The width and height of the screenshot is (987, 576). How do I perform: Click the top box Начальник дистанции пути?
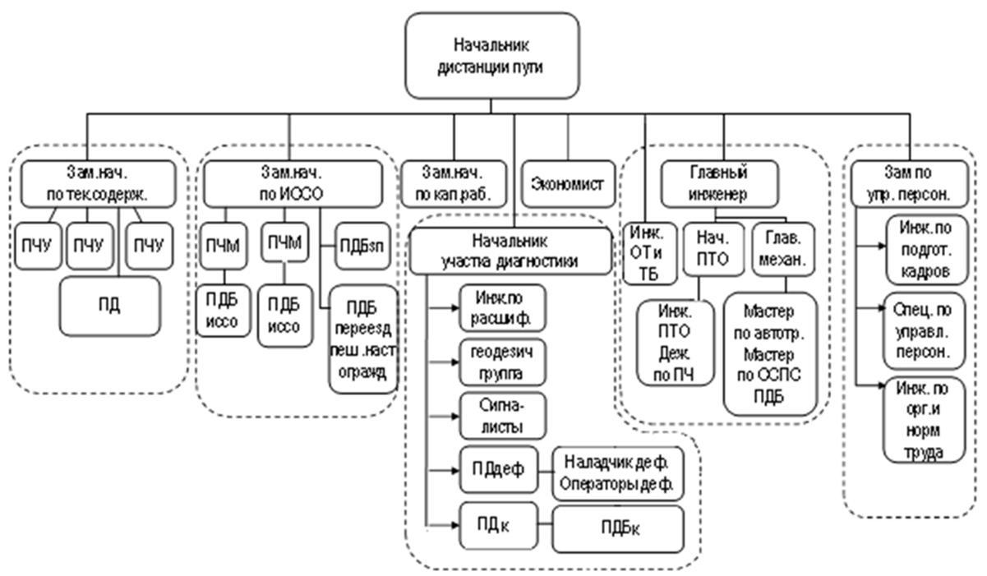[x=491, y=55]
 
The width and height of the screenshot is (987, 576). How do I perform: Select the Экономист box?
[x=567, y=182]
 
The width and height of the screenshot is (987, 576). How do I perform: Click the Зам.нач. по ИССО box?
[x=293, y=183]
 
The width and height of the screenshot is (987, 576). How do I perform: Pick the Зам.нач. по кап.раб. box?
[x=452, y=183]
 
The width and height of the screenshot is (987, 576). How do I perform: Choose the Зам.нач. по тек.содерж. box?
[x=98, y=183]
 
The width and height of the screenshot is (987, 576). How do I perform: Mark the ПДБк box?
[x=618, y=528]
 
